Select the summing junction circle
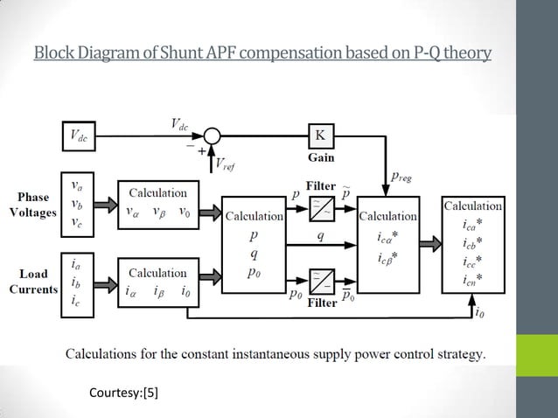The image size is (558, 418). (x=212, y=136)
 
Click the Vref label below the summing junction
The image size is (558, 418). (x=224, y=164)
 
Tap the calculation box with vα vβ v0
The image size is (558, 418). (x=157, y=203)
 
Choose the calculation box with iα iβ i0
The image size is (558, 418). (x=157, y=283)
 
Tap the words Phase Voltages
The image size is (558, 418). (x=33, y=204)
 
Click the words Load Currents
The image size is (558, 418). (x=33, y=282)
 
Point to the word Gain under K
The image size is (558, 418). (x=321, y=158)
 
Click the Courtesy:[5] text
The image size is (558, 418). (x=124, y=393)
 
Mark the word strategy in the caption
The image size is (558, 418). (x=457, y=354)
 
